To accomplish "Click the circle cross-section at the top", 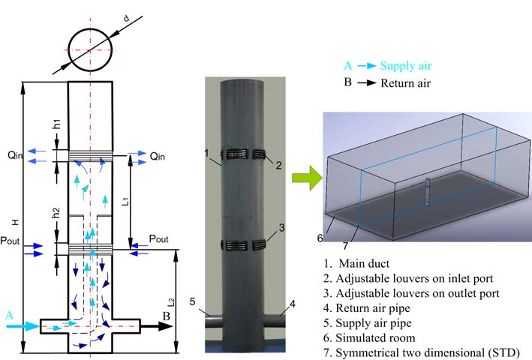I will click(x=90, y=49).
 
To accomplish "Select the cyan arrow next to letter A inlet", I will click(x=25, y=325).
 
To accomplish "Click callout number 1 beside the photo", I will click(x=205, y=154).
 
